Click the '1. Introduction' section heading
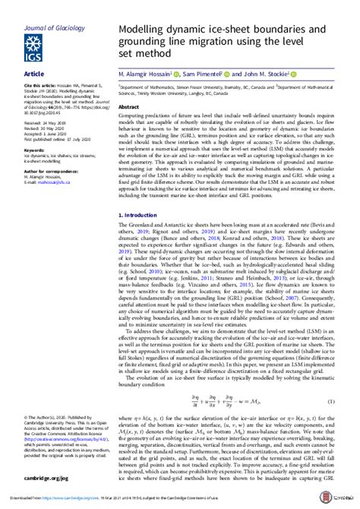[137, 215]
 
